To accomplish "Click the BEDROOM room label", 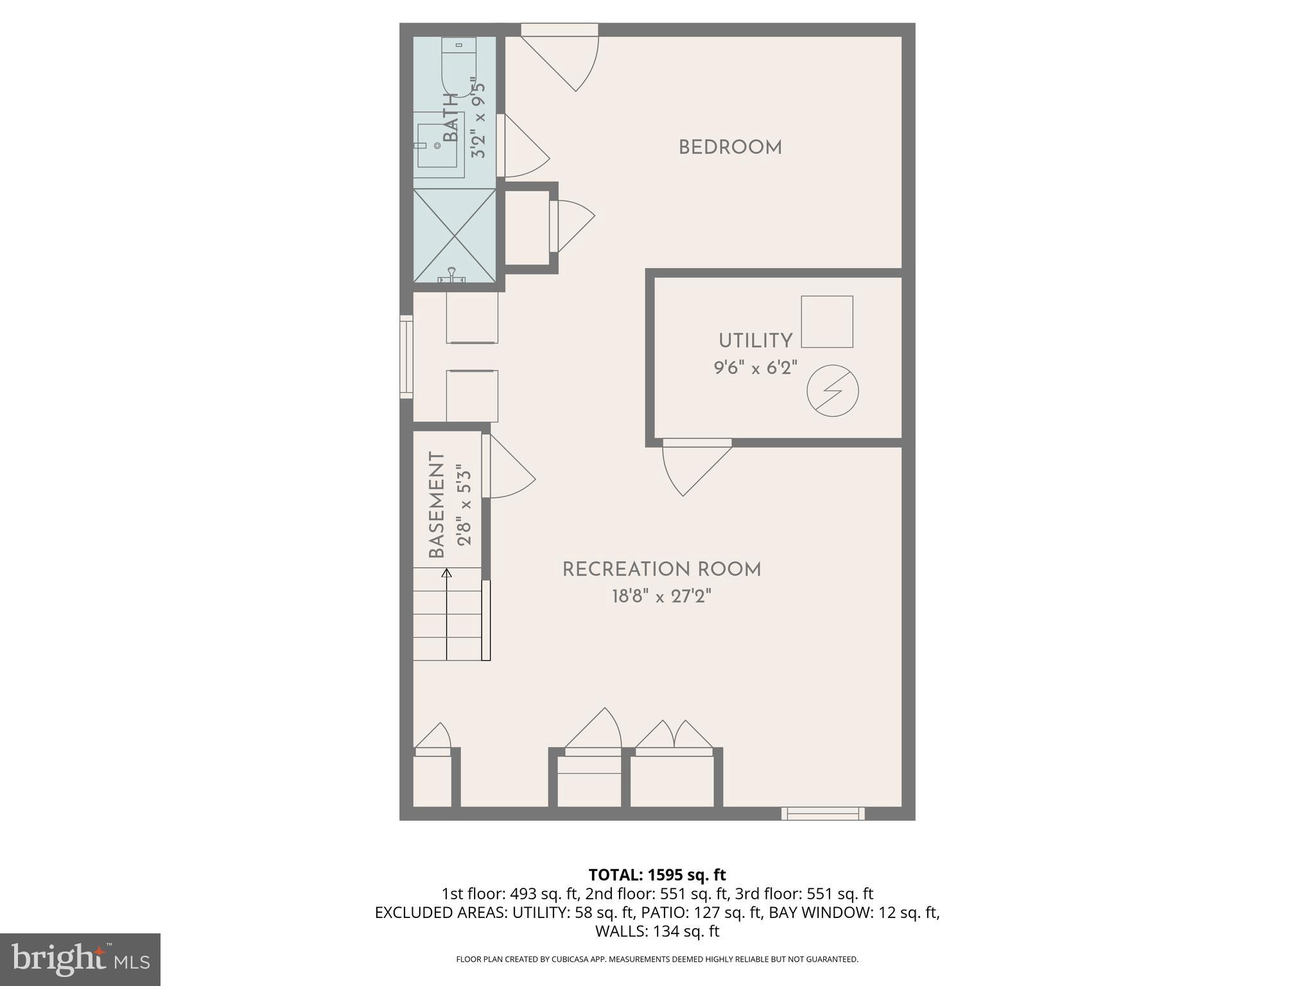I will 730,148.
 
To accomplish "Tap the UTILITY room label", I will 755,341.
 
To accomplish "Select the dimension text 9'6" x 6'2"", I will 755,368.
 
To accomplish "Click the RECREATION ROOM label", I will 661,569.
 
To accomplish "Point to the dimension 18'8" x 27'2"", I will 661,597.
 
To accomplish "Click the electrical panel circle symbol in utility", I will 832,391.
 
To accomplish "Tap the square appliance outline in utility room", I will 826,322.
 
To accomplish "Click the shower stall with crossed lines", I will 455,236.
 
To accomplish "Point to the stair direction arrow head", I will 447,573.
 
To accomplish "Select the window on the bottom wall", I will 823,813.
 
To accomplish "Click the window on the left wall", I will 406,356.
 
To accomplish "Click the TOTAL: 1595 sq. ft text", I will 657,874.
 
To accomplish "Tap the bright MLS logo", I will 80,959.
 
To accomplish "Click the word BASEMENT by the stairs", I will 437,505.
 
